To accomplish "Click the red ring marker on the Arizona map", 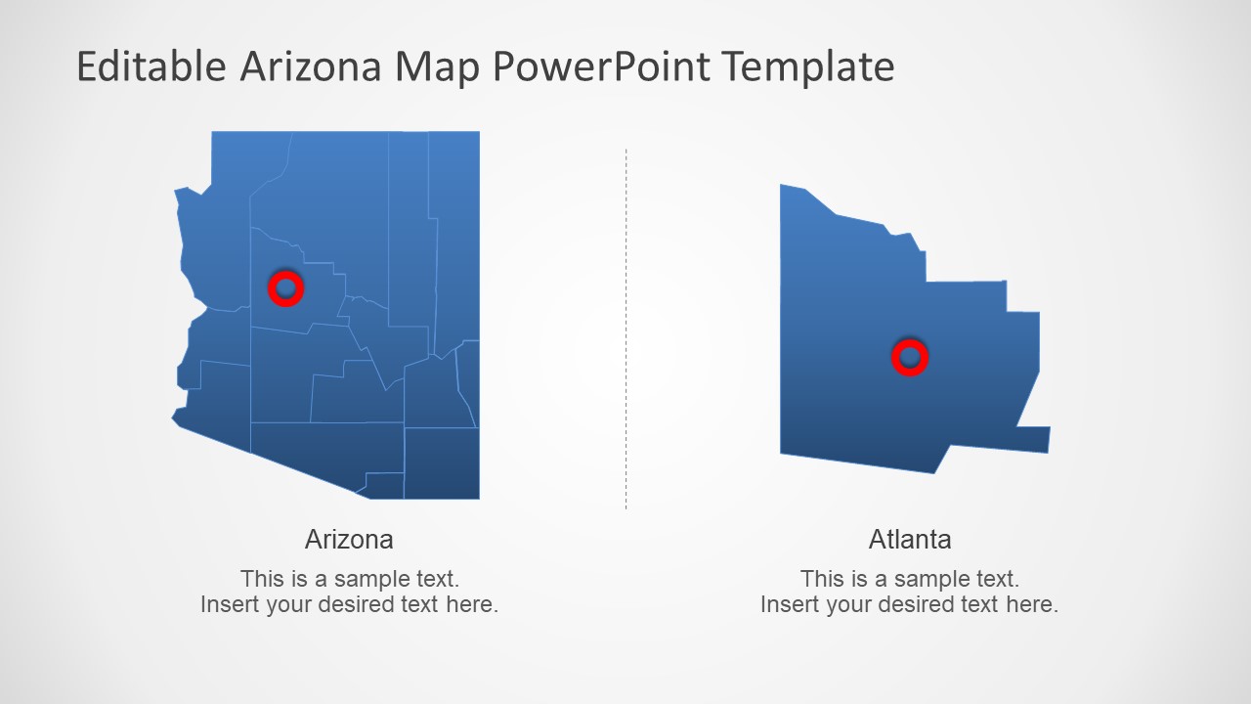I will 285,288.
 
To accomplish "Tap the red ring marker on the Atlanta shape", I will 909,357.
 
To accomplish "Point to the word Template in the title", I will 809,66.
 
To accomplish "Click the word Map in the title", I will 438,66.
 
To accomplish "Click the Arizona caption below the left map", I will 349,539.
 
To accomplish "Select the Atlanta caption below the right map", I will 909,539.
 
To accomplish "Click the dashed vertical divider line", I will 625,329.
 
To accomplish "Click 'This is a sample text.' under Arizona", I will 349,578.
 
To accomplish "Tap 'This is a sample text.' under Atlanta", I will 909,578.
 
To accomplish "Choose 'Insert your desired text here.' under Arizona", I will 349,604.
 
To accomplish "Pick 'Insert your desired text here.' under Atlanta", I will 909,604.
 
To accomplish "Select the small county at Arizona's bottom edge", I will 384,484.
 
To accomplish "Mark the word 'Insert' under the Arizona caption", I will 228,604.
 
